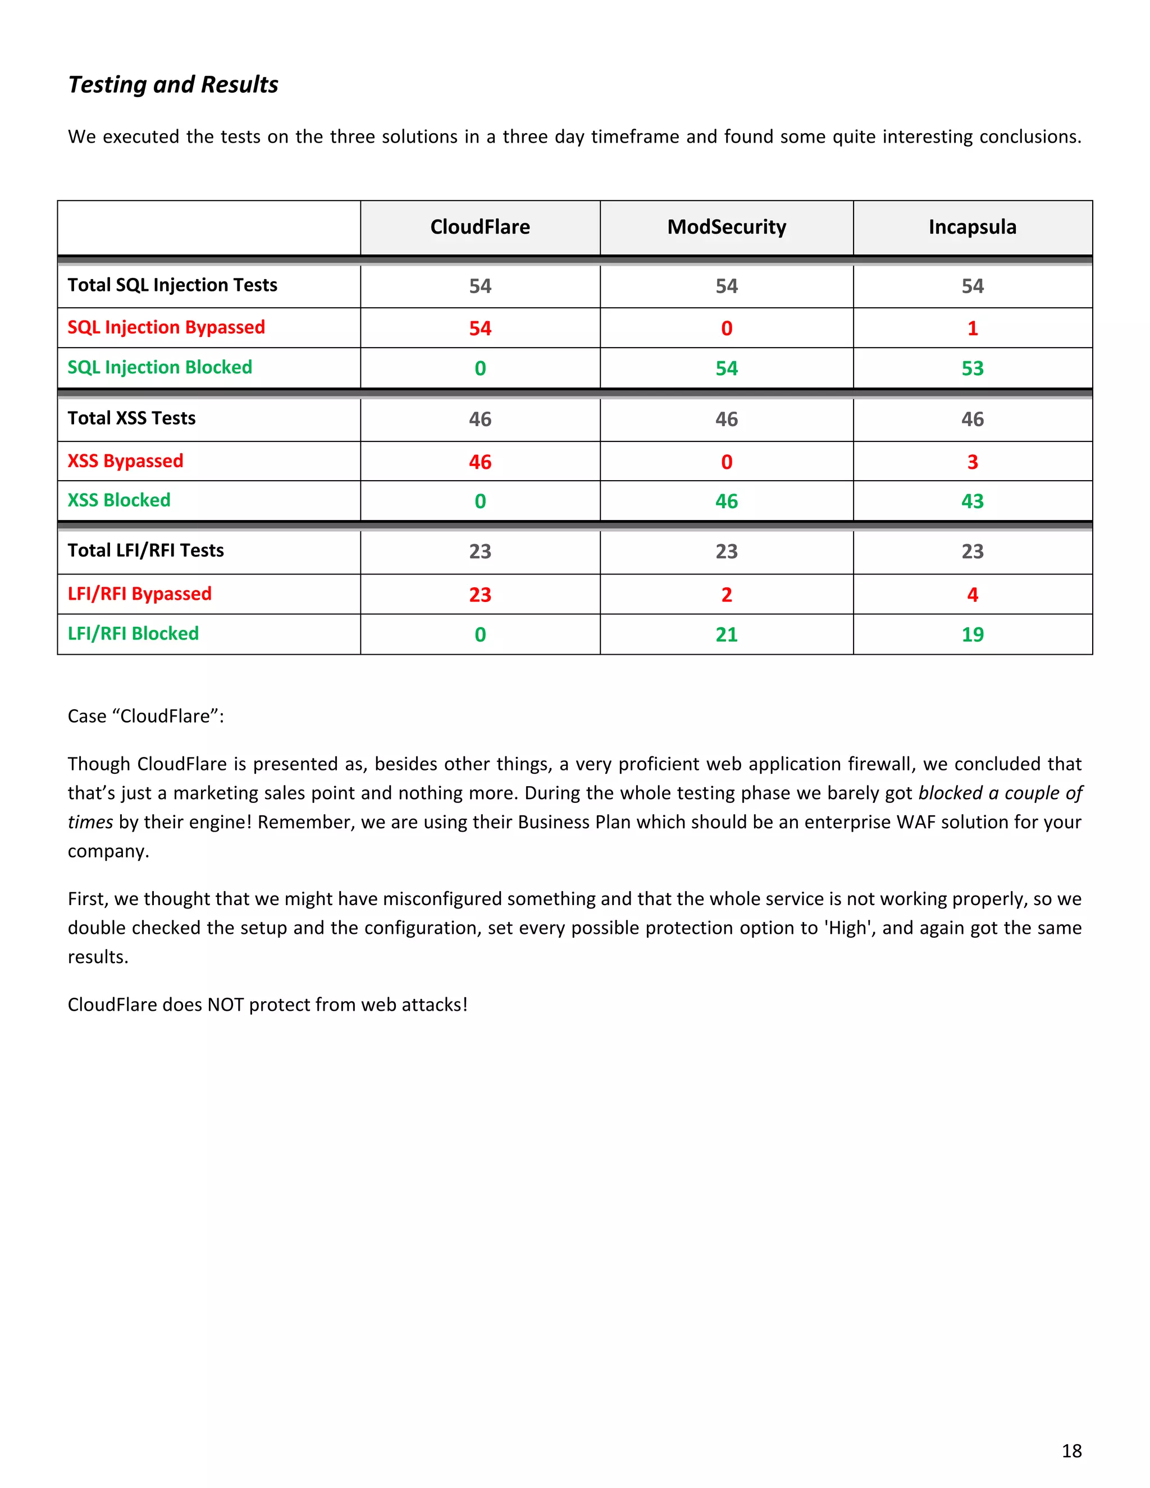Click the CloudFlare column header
[x=480, y=227]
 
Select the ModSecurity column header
[x=726, y=227]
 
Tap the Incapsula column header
[x=972, y=227]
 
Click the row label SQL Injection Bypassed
[x=166, y=328]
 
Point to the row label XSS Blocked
[x=118, y=500]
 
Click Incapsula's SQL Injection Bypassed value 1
[x=972, y=328]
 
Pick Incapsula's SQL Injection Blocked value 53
[x=972, y=368]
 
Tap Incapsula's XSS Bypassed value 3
[x=972, y=462]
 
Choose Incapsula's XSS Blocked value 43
[x=972, y=501]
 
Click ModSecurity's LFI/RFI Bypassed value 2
[x=726, y=595]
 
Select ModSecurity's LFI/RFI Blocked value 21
[x=726, y=635]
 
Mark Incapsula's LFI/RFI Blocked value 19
[x=972, y=635]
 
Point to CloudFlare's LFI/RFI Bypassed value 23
[x=480, y=595]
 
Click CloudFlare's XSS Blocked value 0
[x=480, y=501]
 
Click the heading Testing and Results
[x=173, y=84]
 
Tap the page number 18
[x=1071, y=1450]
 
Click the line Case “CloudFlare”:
[x=146, y=716]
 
